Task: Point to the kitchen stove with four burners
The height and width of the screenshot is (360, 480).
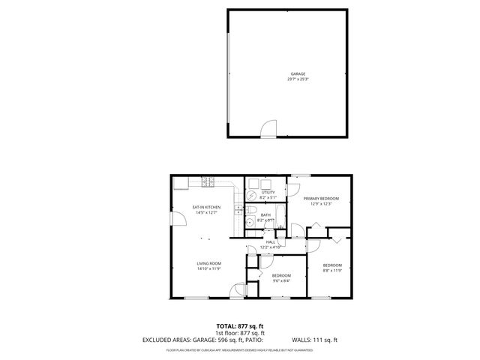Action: pyautogui.click(x=208, y=182)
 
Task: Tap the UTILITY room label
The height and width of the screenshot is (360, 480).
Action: pyautogui.click(x=267, y=193)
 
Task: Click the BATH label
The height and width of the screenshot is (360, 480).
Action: pyautogui.click(x=265, y=215)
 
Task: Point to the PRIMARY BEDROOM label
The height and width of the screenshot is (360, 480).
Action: pyautogui.click(x=321, y=199)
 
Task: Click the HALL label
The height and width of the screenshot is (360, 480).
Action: pyautogui.click(x=270, y=242)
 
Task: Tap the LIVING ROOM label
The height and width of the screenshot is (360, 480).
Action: pyautogui.click(x=208, y=263)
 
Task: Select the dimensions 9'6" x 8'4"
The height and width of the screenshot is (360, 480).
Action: pyautogui.click(x=281, y=280)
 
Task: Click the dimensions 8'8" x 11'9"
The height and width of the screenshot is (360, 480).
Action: pyautogui.click(x=332, y=270)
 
